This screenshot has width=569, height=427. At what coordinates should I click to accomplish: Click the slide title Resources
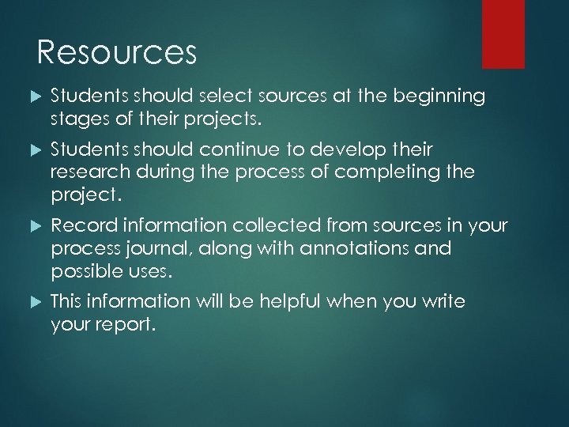(x=116, y=53)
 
